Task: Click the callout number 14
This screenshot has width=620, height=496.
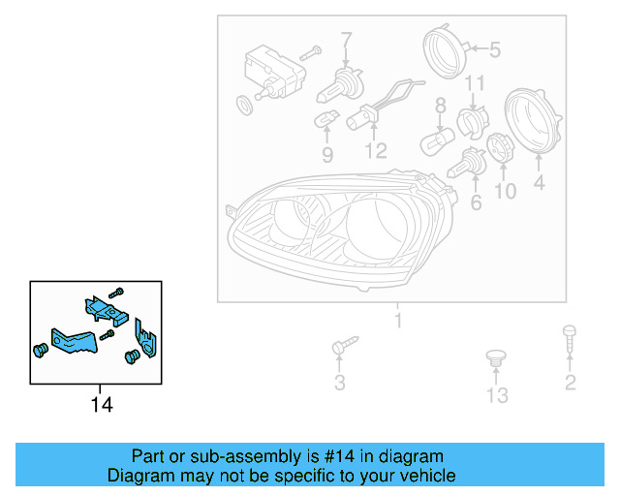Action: click(102, 405)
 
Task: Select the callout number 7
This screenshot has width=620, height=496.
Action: click(346, 41)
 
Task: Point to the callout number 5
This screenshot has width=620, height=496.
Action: click(494, 49)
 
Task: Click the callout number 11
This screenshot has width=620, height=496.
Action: click(474, 83)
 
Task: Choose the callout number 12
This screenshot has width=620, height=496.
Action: click(375, 151)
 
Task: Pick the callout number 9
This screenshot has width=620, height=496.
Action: click(326, 153)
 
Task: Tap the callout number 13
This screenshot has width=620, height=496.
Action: click(497, 395)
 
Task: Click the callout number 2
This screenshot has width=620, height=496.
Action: click(571, 383)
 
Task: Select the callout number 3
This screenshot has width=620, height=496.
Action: click(339, 384)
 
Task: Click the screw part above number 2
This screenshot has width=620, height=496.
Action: click(570, 342)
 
